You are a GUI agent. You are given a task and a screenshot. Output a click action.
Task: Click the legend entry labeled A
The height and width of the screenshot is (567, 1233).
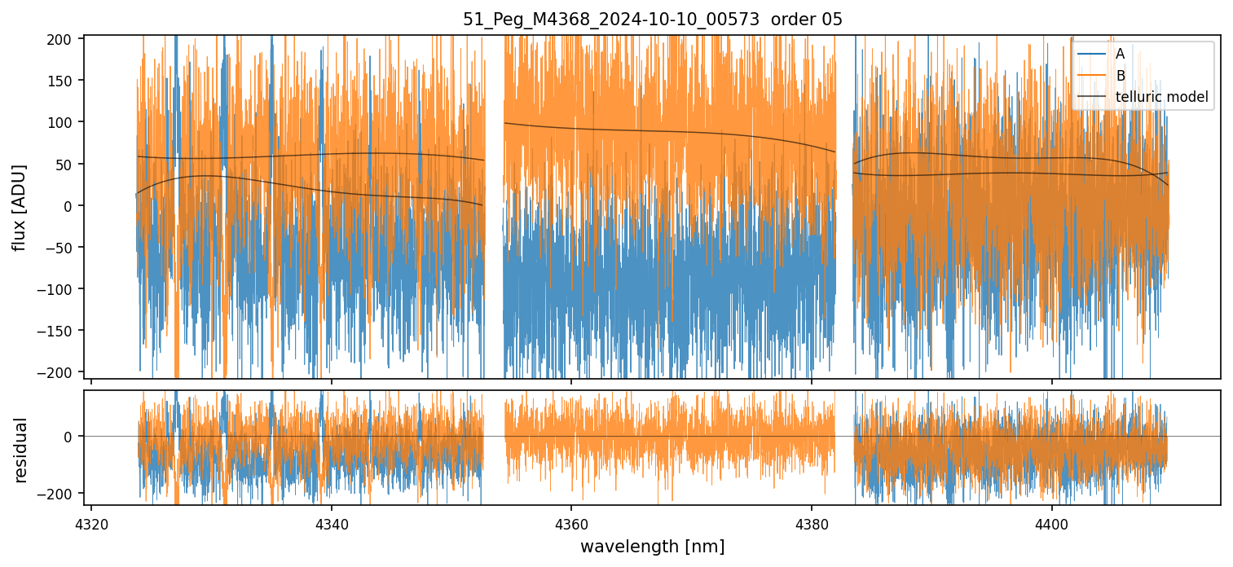click(x=1120, y=54)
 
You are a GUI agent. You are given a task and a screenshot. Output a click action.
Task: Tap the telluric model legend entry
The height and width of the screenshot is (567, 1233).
click(x=1161, y=98)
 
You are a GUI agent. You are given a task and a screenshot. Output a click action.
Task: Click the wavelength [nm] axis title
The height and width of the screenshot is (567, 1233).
click(x=652, y=546)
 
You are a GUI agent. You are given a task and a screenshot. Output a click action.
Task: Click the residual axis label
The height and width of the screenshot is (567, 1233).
click(x=21, y=450)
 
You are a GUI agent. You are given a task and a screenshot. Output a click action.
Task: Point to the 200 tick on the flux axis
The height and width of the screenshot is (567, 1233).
click(x=65, y=39)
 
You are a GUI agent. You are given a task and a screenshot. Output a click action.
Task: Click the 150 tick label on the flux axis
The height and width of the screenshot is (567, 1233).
click(x=65, y=81)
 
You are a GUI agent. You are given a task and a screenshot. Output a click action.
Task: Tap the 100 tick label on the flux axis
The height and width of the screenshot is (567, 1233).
click(x=65, y=122)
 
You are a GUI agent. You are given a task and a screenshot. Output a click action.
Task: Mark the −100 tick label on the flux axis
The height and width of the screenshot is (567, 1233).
click(x=62, y=289)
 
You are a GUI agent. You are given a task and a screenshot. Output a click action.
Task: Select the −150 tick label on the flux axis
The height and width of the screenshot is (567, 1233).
click(x=62, y=331)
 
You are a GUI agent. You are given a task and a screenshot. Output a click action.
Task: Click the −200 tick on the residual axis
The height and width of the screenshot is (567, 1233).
click(x=62, y=494)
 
